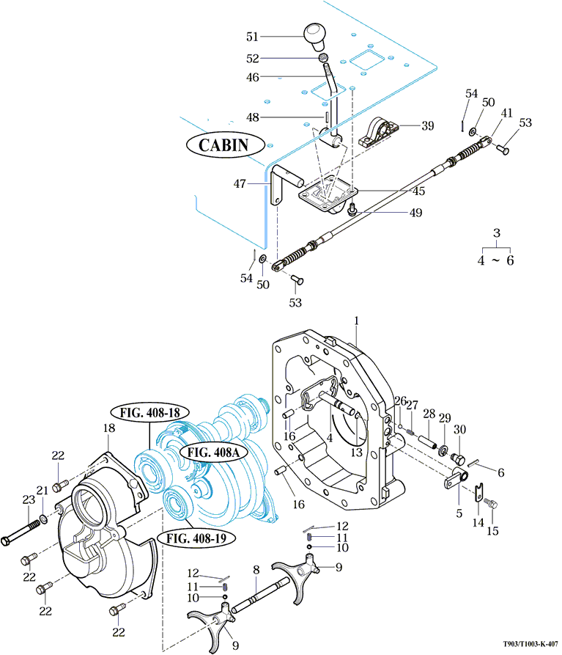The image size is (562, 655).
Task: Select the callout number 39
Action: pyautogui.click(x=427, y=125)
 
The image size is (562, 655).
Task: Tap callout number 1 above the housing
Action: pyautogui.click(x=356, y=321)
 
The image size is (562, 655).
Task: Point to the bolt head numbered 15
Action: pyautogui.click(x=494, y=505)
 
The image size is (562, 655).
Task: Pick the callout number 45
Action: pyautogui.click(x=419, y=191)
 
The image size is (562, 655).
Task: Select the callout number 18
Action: pyautogui.click(x=108, y=428)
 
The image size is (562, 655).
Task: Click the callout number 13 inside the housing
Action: pyautogui.click(x=357, y=453)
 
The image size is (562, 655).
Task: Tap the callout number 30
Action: pyautogui.click(x=460, y=429)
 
